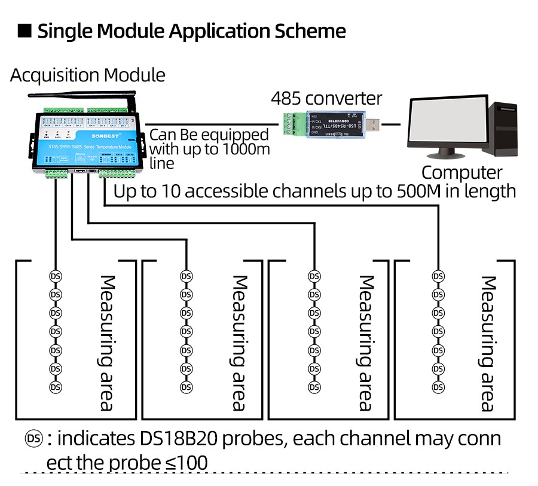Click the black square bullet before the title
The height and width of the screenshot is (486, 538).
(25, 31)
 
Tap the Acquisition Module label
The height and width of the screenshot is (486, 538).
(87, 75)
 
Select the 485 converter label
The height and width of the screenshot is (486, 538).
(326, 98)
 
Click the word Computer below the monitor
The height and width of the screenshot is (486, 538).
(461, 172)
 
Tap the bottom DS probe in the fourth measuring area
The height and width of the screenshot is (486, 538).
(438, 387)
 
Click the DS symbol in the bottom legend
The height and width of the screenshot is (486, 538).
(33, 439)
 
